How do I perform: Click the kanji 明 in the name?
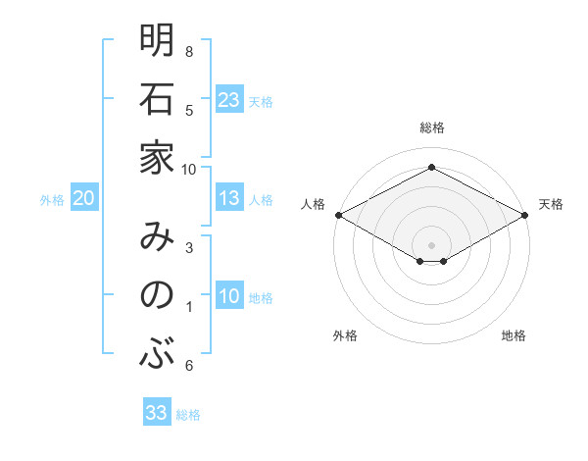(x=157, y=40)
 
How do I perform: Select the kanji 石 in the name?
(x=157, y=98)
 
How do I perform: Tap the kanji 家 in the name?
(x=157, y=156)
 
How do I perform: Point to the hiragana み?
(x=157, y=236)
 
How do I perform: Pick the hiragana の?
(x=157, y=295)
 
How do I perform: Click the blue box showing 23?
(x=229, y=99)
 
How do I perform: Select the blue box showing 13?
(x=229, y=198)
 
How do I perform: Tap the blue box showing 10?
(x=229, y=296)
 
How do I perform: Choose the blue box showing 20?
(x=83, y=198)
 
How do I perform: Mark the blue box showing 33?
(x=157, y=413)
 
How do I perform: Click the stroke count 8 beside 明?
(x=189, y=51)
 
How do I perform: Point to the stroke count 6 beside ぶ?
(x=189, y=365)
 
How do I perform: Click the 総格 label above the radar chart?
(x=432, y=128)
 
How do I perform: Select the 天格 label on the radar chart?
(x=551, y=204)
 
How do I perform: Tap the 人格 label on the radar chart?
(x=313, y=204)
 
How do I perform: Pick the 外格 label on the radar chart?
(x=345, y=335)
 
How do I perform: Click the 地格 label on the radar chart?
(x=514, y=335)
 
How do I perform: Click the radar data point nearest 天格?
(x=526, y=215)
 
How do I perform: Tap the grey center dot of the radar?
(x=432, y=244)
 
